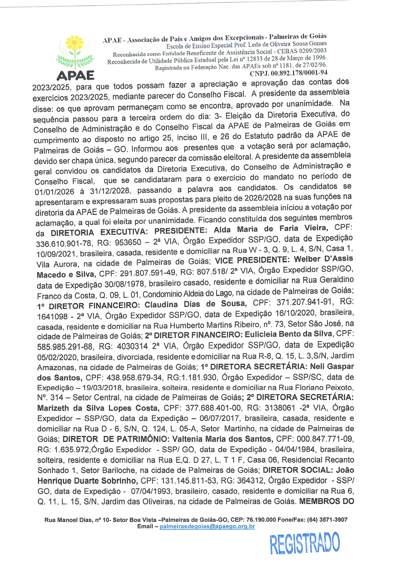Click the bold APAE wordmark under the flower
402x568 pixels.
[x=75, y=75]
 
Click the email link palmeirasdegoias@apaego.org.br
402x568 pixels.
[x=207, y=527]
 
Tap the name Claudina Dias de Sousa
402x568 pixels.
[x=195, y=304]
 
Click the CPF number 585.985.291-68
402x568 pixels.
[x=65, y=347]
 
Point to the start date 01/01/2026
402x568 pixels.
[x=54, y=192]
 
